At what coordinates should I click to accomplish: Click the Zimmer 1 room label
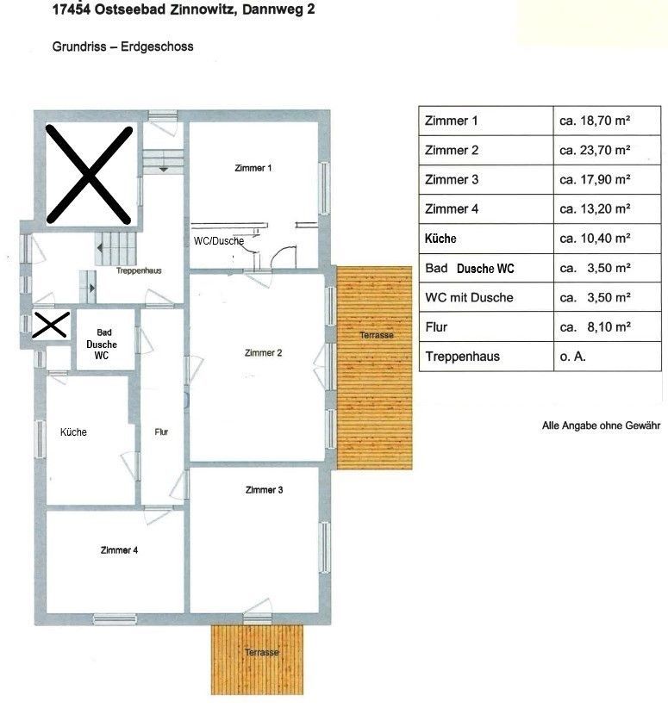tap(253, 168)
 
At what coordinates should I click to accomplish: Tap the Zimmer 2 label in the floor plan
tap(263, 352)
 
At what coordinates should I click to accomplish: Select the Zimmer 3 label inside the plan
tap(264, 490)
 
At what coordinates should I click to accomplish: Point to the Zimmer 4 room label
tap(119, 550)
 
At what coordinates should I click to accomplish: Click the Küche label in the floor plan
tap(73, 432)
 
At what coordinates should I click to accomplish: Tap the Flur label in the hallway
tap(161, 432)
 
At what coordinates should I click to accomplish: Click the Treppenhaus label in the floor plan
tap(139, 271)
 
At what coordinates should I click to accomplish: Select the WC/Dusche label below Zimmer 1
tap(219, 241)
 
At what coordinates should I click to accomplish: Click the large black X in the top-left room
tap(89, 175)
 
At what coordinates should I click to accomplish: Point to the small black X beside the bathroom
tap(51, 325)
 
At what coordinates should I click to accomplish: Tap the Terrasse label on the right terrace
tap(377, 335)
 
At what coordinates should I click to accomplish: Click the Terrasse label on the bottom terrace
tap(262, 653)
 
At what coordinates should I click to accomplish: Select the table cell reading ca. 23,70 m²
tap(595, 150)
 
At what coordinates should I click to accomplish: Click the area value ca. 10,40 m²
tap(595, 238)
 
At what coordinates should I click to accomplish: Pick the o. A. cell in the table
tap(572, 357)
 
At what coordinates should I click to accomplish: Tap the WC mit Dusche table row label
tap(469, 297)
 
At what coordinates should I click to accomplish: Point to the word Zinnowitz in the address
tap(202, 9)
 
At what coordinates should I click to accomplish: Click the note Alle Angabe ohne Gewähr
tap(601, 425)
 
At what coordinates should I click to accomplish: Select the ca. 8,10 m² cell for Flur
tap(595, 327)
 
